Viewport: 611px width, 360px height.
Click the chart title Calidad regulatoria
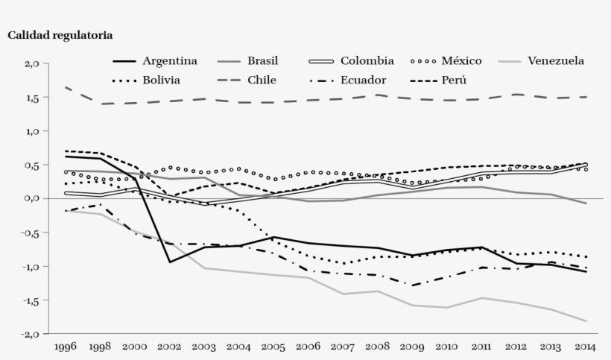[x=60, y=34]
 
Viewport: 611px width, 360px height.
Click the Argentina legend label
[x=170, y=60]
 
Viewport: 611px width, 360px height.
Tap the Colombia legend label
[x=367, y=60]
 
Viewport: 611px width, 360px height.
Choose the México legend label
[x=461, y=60]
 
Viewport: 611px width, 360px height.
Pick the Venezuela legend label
[x=555, y=60]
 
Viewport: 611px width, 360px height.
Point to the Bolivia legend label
[x=162, y=80]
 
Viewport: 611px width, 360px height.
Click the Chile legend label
[x=263, y=80]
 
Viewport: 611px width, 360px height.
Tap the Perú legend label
[x=454, y=80]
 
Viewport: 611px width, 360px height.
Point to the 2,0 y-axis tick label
[x=31, y=63]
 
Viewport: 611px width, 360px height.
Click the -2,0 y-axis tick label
[x=28, y=334]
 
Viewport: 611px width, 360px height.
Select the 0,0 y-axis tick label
[x=31, y=198]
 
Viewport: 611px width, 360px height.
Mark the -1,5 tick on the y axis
[x=28, y=300]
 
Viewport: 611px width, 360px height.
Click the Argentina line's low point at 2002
[x=171, y=262]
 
